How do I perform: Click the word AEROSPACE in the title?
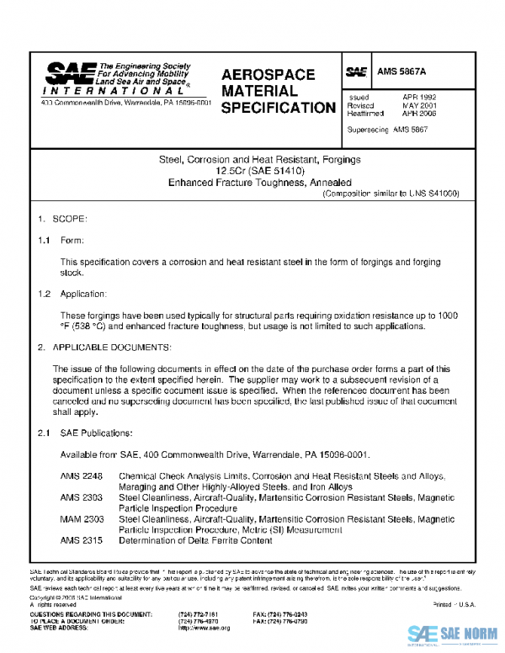point(268,75)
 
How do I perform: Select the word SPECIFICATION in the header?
point(278,108)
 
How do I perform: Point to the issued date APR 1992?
point(418,98)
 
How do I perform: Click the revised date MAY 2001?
point(418,105)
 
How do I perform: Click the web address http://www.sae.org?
point(204,628)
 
